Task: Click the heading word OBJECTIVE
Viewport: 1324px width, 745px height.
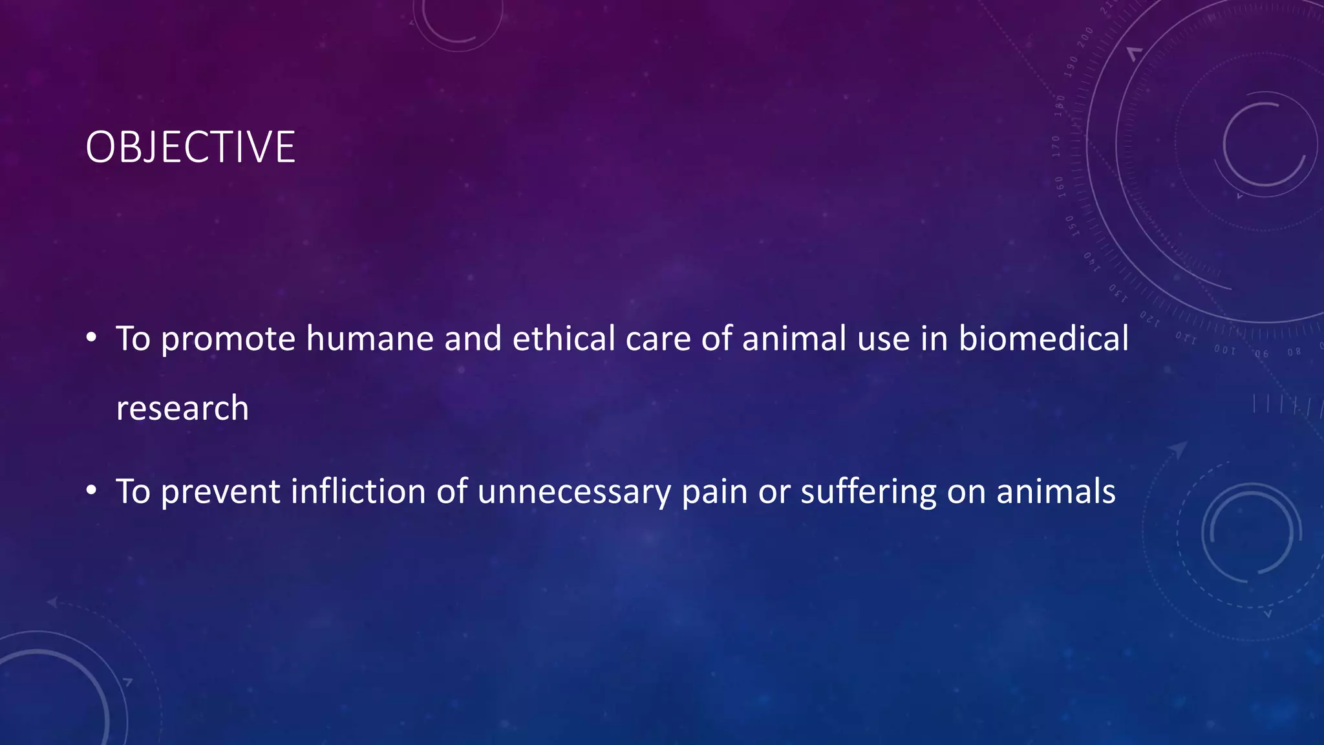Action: coord(190,147)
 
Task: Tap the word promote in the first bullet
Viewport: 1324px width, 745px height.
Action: coord(228,340)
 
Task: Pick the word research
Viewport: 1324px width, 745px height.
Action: coord(182,409)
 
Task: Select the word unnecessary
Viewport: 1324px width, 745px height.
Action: coord(574,492)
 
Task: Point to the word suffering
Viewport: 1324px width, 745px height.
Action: coord(868,492)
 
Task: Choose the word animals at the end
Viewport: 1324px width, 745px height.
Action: coord(1056,491)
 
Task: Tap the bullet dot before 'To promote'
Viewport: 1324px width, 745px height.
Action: coord(91,338)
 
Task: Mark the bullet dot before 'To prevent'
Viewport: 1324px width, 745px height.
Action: coord(91,491)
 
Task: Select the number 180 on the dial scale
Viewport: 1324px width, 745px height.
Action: coord(1060,104)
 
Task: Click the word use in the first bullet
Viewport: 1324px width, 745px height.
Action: coord(884,340)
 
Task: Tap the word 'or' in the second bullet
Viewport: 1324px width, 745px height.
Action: coord(774,492)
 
